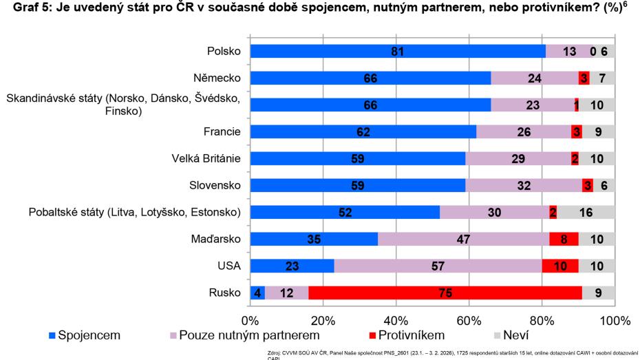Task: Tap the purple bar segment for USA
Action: pyautogui.click(x=438, y=266)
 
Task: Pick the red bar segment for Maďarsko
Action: pyautogui.click(x=564, y=239)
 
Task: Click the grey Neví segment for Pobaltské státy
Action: pyautogui.click(x=586, y=212)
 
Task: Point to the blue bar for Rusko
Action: pyautogui.click(x=257, y=293)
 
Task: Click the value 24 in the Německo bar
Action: pyautogui.click(x=535, y=78)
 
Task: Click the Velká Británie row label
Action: pyautogui.click(x=206, y=158)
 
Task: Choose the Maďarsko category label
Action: pyautogui.click(x=215, y=239)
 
